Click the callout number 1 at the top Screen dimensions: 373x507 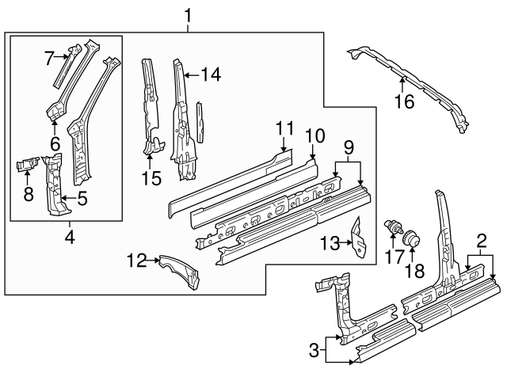pos(188,14)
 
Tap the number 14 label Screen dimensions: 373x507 pos(210,74)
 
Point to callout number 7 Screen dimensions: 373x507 pos(49,57)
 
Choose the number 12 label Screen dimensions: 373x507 pos(136,259)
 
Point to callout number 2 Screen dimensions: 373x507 pos(481,241)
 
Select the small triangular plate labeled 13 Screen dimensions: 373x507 pos(360,237)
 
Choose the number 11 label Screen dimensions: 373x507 pos(284,128)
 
